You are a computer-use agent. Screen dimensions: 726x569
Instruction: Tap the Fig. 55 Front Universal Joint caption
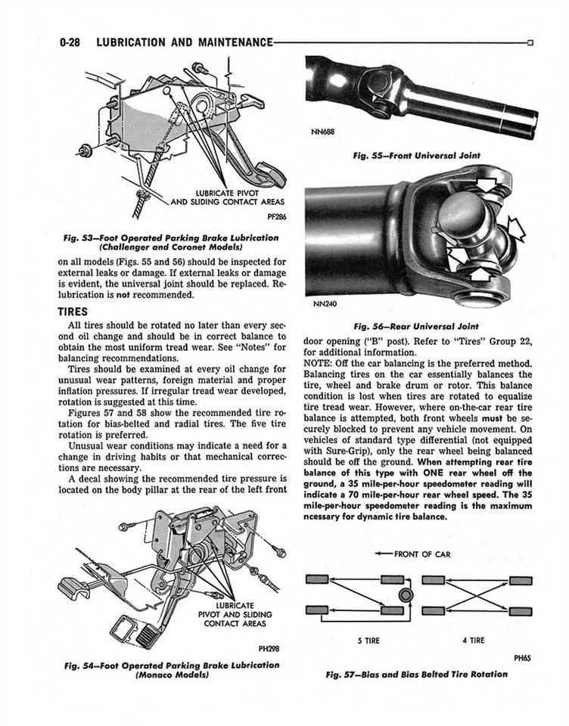[x=415, y=157]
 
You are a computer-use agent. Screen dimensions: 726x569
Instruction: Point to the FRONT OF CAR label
[x=420, y=554]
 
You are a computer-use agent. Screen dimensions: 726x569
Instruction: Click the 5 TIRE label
[x=368, y=641]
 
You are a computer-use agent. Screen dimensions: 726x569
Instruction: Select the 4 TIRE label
[x=473, y=641]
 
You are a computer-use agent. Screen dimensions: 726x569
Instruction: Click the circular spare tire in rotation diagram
[x=407, y=596]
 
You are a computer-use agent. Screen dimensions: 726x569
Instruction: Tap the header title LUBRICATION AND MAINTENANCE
[x=185, y=42]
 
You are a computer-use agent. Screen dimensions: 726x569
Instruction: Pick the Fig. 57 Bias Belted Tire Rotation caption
[x=415, y=673]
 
